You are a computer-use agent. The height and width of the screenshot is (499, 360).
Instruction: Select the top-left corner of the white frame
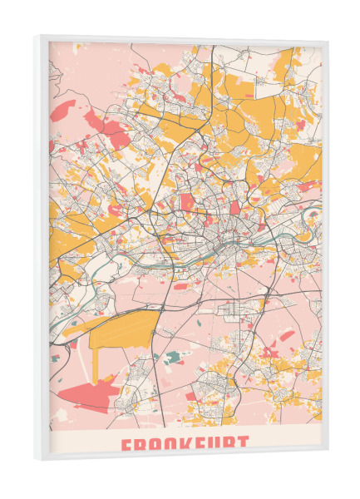point(37,37)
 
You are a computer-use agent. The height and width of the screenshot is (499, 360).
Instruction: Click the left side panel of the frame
point(41,249)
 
